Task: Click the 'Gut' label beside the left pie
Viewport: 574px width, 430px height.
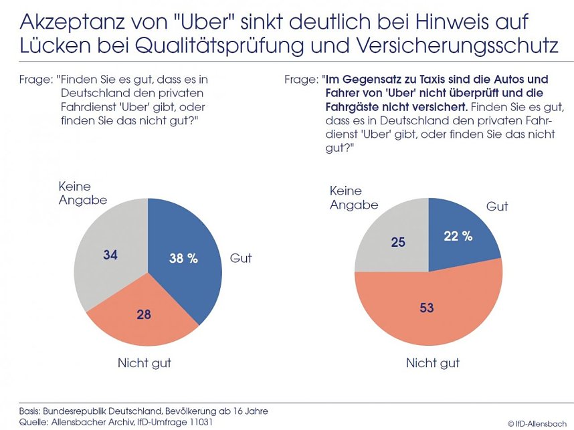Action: click(x=241, y=258)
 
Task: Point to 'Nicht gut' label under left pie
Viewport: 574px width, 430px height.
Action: click(x=145, y=363)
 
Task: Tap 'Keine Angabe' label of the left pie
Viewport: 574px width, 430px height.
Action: click(x=82, y=193)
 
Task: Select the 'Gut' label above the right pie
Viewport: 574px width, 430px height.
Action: click(x=497, y=207)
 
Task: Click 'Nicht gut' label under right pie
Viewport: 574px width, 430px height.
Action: click(x=433, y=363)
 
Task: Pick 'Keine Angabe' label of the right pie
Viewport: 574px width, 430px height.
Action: click(x=354, y=197)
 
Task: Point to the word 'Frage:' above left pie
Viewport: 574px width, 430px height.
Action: click(x=33, y=79)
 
